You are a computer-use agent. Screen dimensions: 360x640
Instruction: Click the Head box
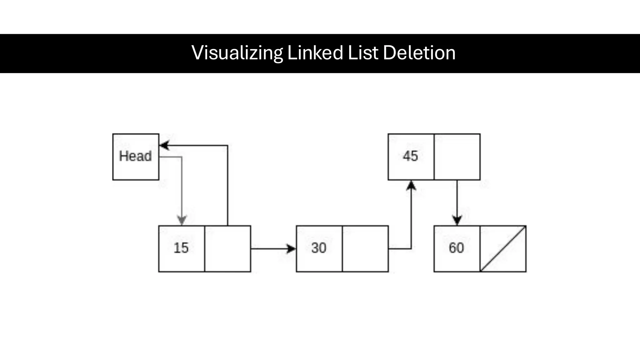tap(136, 157)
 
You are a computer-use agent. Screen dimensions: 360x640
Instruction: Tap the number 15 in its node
tap(181, 248)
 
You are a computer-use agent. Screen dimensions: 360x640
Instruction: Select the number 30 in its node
tap(319, 248)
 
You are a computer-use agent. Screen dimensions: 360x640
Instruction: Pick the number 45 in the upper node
tap(410, 156)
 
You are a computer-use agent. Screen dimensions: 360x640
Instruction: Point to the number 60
tap(456, 248)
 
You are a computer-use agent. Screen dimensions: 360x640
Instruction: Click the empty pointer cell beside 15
tap(227, 249)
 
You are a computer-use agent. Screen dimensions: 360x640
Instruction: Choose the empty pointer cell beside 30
tap(365, 249)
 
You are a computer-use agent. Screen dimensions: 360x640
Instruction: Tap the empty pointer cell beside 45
tap(457, 157)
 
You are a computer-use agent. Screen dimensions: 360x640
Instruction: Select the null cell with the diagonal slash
tap(503, 249)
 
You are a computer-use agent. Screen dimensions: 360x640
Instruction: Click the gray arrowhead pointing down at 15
tap(182, 220)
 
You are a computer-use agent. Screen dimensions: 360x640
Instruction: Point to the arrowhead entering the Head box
tap(164, 145)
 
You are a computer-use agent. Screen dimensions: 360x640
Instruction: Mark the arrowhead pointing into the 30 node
tap(291, 249)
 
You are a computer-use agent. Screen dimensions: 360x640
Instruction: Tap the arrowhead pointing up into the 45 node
tap(411, 185)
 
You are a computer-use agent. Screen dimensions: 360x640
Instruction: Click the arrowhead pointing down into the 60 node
tap(457, 220)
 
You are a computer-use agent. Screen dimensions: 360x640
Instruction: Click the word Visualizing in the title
tap(237, 52)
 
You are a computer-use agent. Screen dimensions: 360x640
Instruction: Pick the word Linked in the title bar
tap(315, 52)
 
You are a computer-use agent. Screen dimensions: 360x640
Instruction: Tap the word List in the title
tap(363, 52)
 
